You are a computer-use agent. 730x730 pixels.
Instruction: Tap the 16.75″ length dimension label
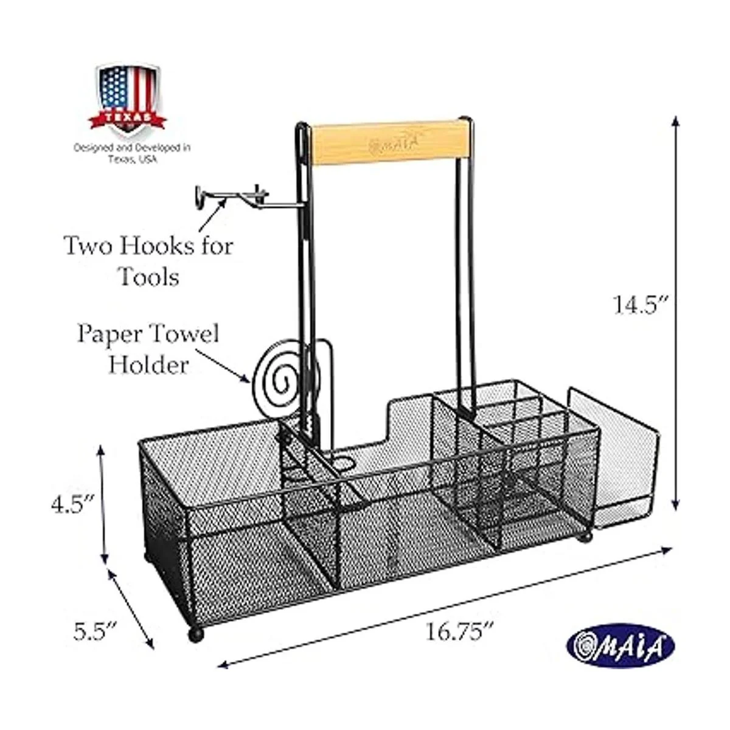[x=459, y=631]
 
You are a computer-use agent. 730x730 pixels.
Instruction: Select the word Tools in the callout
[x=150, y=277]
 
